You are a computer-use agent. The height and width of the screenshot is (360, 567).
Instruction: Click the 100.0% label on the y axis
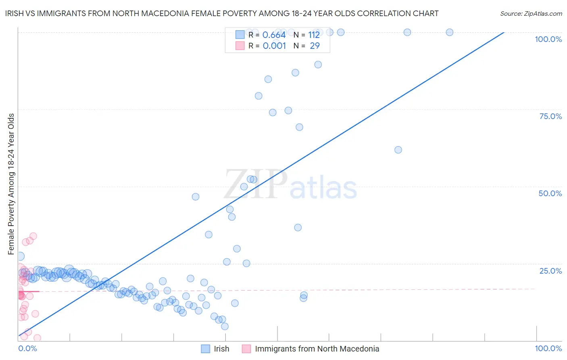548,39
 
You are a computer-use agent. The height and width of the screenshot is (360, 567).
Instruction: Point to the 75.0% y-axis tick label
550,116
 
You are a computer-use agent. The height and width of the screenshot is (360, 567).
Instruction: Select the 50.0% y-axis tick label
550,193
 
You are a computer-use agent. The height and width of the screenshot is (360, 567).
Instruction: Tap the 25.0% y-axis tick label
550,271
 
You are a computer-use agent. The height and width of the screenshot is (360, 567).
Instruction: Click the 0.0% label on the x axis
27,348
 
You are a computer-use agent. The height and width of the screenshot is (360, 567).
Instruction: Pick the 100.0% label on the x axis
548,348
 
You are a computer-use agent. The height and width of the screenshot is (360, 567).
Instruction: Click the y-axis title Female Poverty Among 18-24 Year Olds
11,184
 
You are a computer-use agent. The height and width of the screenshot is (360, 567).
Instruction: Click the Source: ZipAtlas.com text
531,14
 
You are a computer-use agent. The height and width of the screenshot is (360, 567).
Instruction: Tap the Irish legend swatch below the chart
206,349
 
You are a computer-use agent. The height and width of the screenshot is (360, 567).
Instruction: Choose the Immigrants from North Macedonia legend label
317,349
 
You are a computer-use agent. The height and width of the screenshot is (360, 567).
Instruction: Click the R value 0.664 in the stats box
274,35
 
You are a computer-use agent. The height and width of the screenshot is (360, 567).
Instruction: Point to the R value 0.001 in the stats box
274,46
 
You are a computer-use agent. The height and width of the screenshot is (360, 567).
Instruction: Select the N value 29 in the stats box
315,46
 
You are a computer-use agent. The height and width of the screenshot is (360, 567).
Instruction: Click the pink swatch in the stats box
240,46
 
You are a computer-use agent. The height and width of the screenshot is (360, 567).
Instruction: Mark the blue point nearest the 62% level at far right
398,150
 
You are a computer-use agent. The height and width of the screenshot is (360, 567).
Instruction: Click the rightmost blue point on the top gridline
449,32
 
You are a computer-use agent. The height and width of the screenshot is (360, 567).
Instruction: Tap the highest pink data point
33,236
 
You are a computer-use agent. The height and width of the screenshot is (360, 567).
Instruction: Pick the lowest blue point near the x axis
225,326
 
